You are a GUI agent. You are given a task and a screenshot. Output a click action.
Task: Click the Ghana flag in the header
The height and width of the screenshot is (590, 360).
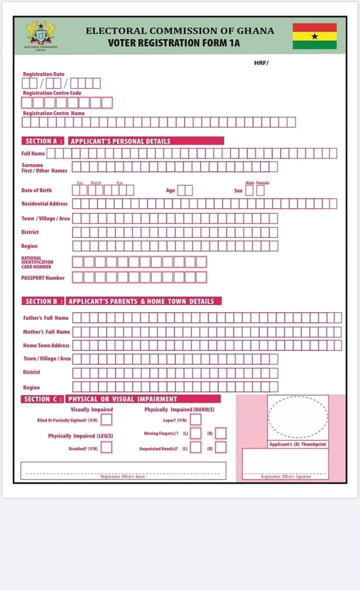point(314,36)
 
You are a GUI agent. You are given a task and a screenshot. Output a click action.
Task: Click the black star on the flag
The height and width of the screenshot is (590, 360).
point(314,36)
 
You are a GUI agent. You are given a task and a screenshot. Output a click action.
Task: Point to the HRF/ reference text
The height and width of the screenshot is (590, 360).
point(261,62)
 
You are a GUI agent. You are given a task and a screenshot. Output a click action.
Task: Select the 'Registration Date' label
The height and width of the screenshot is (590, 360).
point(43,74)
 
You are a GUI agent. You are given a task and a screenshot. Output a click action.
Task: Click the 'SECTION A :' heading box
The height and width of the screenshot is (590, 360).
point(43,141)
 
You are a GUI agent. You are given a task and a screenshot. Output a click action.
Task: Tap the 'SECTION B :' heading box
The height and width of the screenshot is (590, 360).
point(43,301)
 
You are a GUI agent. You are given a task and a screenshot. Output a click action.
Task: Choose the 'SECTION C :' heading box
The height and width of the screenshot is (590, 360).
point(43,399)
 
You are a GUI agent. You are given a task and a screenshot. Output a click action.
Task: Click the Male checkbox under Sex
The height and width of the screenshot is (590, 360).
point(249,190)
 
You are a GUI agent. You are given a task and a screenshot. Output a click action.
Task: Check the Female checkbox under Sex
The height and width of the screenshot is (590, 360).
point(260,190)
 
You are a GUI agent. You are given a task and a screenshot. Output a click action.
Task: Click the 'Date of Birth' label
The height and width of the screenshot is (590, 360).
point(36,190)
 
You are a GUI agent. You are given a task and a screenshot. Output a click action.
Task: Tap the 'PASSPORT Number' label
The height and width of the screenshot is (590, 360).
point(43,277)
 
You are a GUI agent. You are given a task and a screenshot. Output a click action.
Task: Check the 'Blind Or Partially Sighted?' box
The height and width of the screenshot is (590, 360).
point(106,419)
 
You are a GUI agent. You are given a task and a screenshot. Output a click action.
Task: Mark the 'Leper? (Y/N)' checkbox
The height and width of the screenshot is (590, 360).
point(195,419)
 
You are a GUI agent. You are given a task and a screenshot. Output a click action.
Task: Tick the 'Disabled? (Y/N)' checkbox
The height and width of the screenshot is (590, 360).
point(106,447)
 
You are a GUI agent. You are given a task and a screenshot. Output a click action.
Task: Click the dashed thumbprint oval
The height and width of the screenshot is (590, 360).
point(298,416)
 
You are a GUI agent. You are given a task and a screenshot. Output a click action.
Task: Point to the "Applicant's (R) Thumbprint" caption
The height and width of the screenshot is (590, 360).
point(297,444)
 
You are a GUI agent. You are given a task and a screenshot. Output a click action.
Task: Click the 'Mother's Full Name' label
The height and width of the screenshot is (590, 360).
point(46,331)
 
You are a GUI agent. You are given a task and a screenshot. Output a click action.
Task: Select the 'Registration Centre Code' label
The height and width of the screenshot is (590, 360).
point(52,93)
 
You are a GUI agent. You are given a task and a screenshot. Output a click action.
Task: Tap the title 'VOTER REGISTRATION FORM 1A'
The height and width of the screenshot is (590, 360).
point(173,43)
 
